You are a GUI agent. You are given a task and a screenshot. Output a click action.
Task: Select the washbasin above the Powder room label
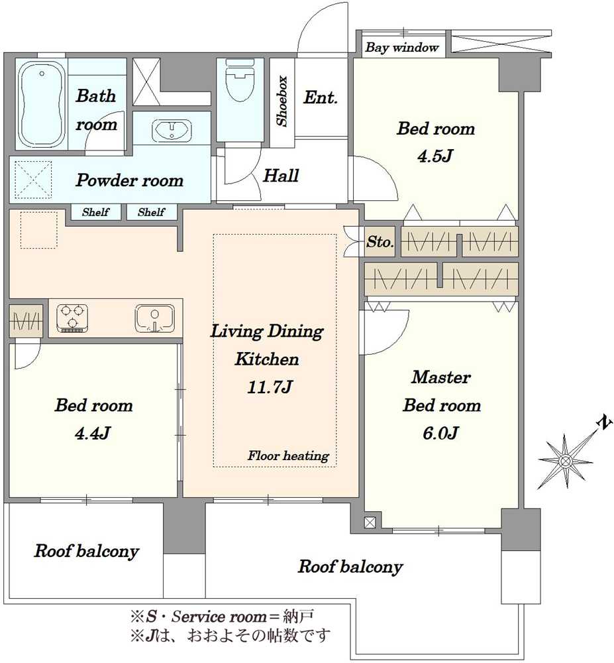pyautogui.click(x=172, y=129)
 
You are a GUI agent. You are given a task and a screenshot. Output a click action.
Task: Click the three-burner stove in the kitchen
pyautogui.click(x=72, y=318)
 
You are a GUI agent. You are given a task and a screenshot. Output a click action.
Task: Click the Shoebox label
pyautogui.click(x=282, y=101)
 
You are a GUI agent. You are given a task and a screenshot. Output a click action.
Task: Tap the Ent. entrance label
pyautogui.click(x=321, y=97)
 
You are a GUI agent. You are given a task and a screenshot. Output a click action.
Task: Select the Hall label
pyautogui.click(x=281, y=175)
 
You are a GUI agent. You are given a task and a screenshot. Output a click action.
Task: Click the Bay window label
pyautogui.click(x=401, y=47)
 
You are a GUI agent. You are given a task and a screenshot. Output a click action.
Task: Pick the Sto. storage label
pyautogui.click(x=380, y=242)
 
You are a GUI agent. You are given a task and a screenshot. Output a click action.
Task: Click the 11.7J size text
pyautogui.click(x=270, y=387)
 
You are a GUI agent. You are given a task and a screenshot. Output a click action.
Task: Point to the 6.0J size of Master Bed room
pyautogui.click(x=440, y=433)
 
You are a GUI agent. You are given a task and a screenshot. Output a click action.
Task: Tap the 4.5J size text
pyautogui.click(x=435, y=156)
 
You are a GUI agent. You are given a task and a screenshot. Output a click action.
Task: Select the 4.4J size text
pyautogui.click(x=93, y=434)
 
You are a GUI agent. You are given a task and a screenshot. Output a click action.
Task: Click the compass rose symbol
pyautogui.click(x=566, y=460)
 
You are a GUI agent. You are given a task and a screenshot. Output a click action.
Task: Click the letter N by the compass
pyautogui.click(x=606, y=423)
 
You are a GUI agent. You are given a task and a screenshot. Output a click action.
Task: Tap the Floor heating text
pyautogui.click(x=288, y=455)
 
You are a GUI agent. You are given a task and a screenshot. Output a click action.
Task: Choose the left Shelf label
pyautogui.click(x=96, y=212)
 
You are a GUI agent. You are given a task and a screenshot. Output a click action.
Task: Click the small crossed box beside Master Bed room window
pyautogui.click(x=370, y=522)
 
